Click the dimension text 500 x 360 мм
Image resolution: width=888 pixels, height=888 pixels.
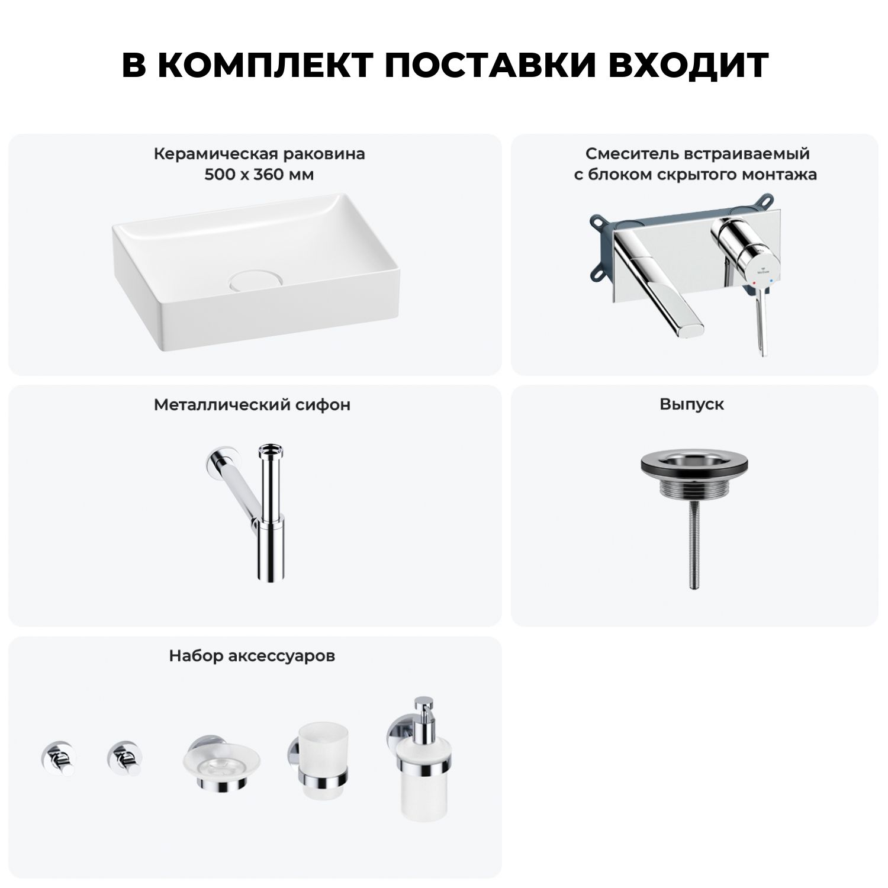click(x=259, y=175)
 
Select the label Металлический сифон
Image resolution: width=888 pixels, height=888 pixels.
click(x=252, y=405)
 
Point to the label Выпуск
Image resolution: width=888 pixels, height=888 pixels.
click(x=692, y=405)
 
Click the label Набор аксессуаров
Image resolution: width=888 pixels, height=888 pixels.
click(x=252, y=656)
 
